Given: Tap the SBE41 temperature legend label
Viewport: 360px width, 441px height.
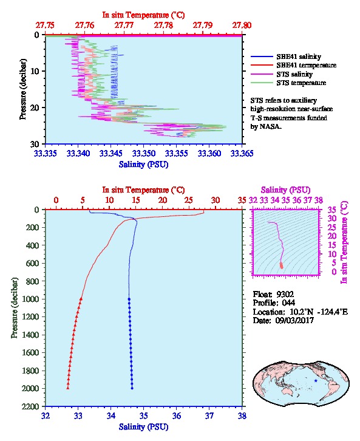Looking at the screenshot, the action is pos(307,65).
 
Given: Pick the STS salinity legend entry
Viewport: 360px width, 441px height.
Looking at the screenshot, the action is pos(294,74).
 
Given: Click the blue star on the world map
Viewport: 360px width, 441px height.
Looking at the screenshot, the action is pos(316,380).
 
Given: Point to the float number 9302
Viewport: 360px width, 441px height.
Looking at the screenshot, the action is pos(285,295).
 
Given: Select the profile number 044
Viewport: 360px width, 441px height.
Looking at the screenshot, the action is pos(288,303).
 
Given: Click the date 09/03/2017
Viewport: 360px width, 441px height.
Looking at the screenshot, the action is pos(294,320).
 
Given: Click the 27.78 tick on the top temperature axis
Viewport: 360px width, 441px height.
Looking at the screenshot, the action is pos(163,26).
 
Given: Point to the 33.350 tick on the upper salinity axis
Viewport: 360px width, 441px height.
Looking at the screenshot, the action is pos(143,154).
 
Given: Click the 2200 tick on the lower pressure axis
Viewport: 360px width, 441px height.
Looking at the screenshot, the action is pos(32,407).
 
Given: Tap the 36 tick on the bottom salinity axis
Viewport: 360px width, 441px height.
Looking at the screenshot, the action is pos(177,415).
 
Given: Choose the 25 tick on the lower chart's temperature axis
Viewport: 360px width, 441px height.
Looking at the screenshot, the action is pos(189,200).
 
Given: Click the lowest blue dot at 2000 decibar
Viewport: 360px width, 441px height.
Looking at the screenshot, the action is pos(132,388).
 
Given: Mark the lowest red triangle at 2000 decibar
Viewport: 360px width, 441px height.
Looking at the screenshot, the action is pos(68,388).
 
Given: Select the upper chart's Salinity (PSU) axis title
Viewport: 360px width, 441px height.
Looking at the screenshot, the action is pos(144,165).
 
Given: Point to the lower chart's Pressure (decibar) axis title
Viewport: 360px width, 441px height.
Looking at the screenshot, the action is pos(15,308).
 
